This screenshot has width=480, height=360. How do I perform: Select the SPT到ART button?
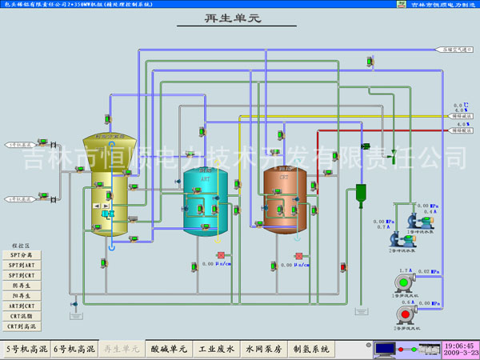(22, 264)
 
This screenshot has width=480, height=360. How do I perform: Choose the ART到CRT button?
(22, 306)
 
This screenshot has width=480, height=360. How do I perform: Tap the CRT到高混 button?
(22, 326)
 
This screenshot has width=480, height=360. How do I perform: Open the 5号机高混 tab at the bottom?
(27, 349)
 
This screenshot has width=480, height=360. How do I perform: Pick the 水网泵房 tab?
(263, 349)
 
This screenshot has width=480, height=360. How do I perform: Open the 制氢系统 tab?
(311, 349)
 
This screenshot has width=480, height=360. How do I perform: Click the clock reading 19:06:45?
(459, 344)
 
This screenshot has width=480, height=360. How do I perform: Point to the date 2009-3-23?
(459, 353)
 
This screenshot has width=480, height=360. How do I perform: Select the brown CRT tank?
(286, 200)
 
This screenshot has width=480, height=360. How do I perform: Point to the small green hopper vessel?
(361, 193)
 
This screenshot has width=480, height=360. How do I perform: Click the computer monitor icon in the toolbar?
(385, 349)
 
